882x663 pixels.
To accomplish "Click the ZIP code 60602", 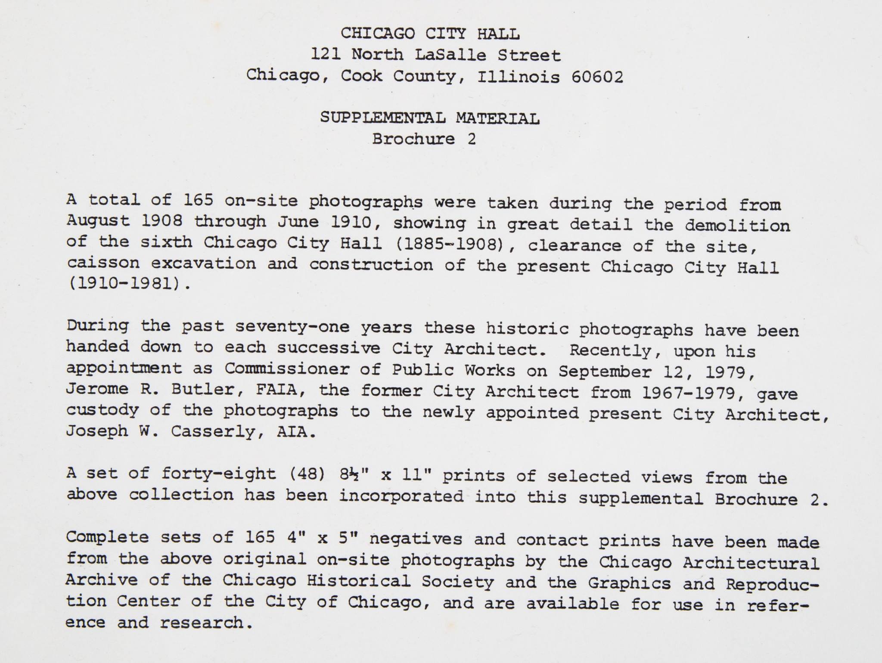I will pos(597,77).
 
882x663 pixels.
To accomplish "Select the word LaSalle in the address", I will pos(450,55).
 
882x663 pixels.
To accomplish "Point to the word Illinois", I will pos(519,77).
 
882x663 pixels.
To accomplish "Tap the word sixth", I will pos(166,242).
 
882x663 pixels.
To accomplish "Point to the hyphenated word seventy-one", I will pos(292,327).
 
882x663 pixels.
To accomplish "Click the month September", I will pos(605,372).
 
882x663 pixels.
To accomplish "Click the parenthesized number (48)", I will pos(307,474).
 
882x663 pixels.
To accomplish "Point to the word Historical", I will pos(358,581).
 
